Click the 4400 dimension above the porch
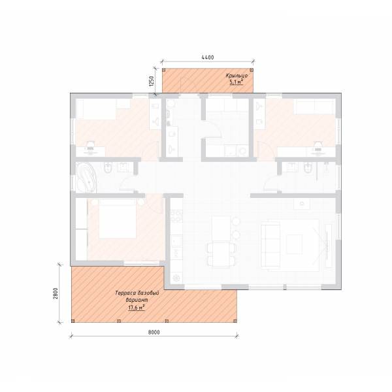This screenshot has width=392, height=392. pos(208,57)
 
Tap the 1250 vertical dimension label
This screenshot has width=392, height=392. pos(151,81)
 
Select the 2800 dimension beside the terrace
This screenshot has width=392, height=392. pos(56,293)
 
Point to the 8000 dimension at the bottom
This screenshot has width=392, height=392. pos(154,333)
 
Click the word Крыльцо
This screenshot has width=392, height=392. pos(237,76)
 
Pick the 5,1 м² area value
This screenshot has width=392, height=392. pos(237,82)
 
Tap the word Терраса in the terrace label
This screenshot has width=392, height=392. pos(125,293)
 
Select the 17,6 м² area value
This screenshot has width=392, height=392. pos(137,308)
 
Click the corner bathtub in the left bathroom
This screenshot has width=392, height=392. pos(86,177)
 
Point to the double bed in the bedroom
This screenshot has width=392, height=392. pos(118,218)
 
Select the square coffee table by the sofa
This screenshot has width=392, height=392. pos(295,244)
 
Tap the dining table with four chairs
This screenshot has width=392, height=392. pos(221,254)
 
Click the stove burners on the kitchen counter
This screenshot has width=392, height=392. pos(176,216)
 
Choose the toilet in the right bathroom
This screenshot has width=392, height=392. pos(308,167)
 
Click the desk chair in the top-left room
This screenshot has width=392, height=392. pos(90,145)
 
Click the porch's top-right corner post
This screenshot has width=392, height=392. pos(252,70)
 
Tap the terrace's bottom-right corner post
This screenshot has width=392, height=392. pos(235,321)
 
